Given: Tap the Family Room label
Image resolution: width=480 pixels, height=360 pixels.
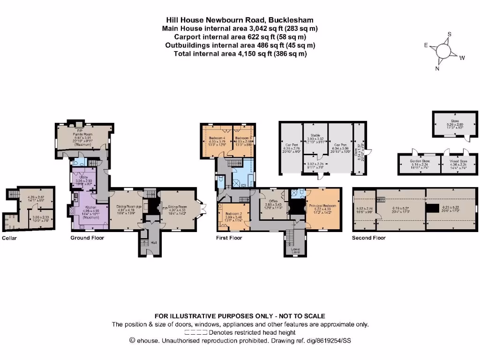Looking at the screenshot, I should (x=83, y=134).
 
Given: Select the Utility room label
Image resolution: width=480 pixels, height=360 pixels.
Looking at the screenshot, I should (x=84, y=177).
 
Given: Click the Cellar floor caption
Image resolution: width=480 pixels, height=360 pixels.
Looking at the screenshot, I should (x=9, y=238).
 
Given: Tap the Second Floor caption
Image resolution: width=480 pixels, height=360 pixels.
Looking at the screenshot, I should (x=368, y=238).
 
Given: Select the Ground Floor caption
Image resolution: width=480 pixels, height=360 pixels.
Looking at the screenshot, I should (x=87, y=238).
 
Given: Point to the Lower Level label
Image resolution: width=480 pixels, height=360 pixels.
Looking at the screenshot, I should (x=295, y=250).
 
